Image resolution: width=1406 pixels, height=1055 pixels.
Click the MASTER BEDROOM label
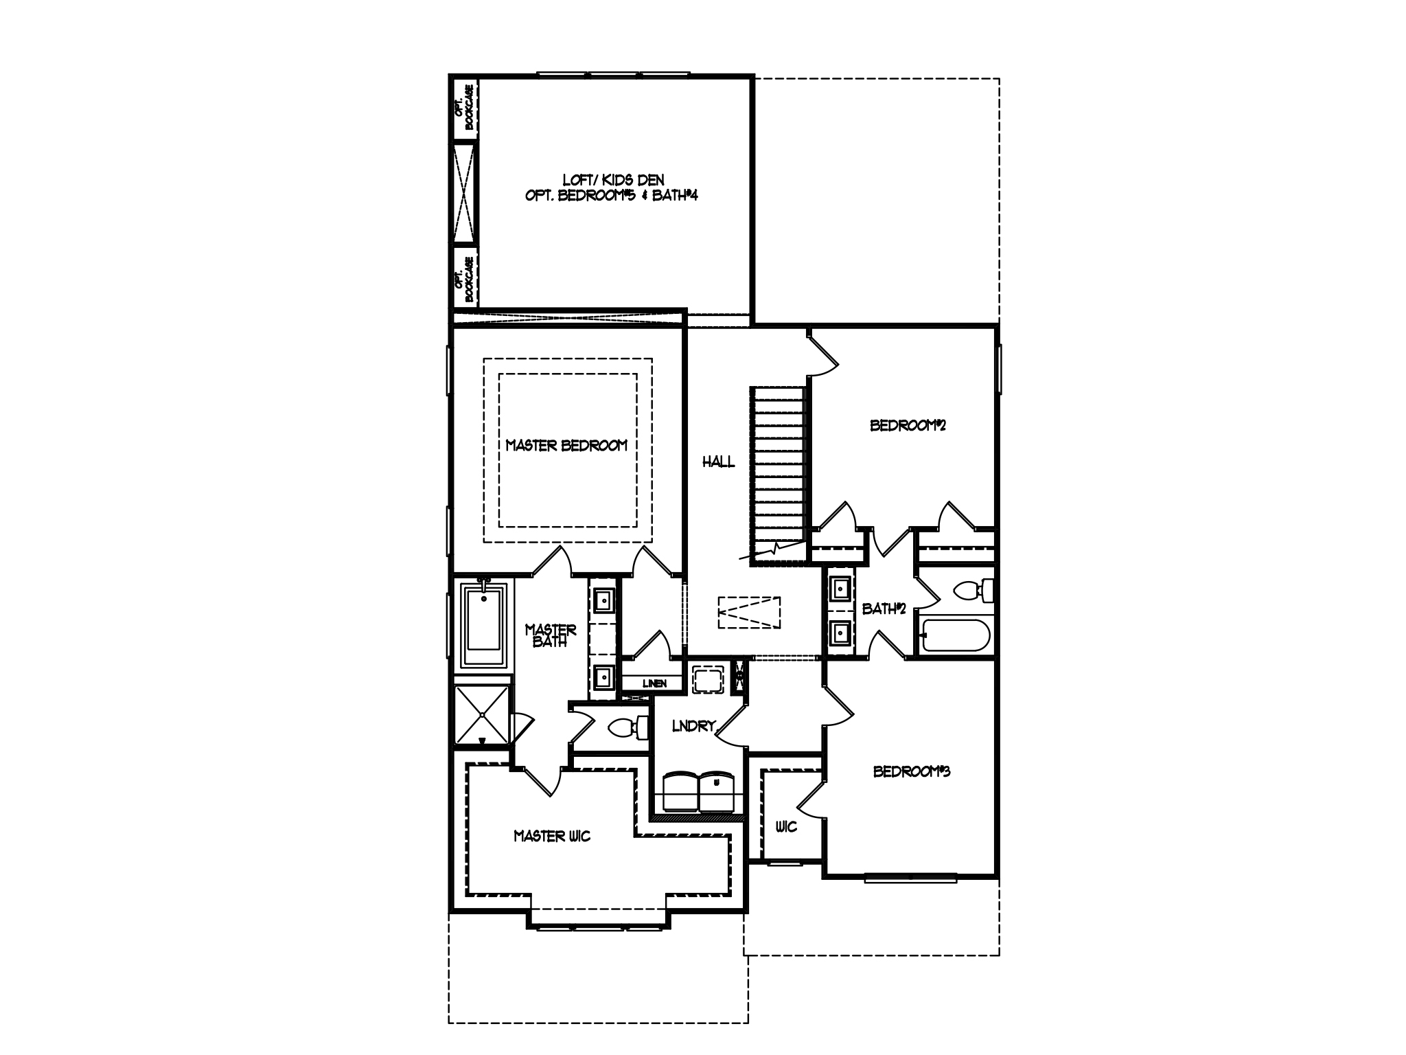tap(566, 446)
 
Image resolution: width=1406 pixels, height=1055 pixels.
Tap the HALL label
tap(717, 462)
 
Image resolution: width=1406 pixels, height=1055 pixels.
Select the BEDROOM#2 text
tap(908, 425)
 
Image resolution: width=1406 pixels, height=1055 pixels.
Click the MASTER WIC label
tap(552, 836)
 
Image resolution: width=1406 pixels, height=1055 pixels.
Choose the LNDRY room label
tap(693, 726)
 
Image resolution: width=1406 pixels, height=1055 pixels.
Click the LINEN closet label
tap(654, 683)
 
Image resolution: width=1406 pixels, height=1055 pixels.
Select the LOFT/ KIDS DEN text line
tap(613, 180)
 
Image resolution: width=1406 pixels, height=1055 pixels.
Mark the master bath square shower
tap(483, 714)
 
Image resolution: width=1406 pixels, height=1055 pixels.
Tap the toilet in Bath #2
tap(975, 590)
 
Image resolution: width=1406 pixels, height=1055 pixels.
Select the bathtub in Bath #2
tap(955, 635)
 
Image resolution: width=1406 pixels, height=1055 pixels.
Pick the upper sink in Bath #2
tap(841, 588)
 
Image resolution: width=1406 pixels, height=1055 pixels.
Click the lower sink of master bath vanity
tap(603, 677)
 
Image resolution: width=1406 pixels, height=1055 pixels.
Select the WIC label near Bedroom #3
tap(786, 826)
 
